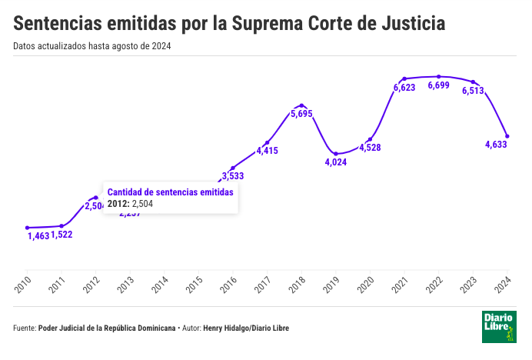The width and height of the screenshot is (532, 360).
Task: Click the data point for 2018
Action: (301, 105)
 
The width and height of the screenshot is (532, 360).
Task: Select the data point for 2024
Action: (507, 136)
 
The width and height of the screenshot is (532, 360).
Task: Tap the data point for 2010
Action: (27, 228)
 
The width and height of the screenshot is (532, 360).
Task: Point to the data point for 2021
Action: (404, 78)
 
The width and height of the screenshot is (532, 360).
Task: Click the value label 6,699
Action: (438, 85)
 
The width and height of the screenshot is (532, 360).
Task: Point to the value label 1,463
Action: (38, 235)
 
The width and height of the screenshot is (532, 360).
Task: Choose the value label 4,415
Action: (267, 151)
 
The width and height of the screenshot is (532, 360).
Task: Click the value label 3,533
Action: (232, 176)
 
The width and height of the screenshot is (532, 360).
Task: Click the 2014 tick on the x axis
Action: (160, 285)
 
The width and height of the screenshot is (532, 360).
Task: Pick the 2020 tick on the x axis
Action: (366, 285)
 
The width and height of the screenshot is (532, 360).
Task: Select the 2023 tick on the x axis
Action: (469, 285)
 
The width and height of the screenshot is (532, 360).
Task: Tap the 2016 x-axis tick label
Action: (228, 285)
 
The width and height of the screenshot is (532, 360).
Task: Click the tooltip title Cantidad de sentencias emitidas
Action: (169, 192)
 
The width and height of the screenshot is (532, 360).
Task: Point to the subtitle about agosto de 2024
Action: (92, 45)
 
